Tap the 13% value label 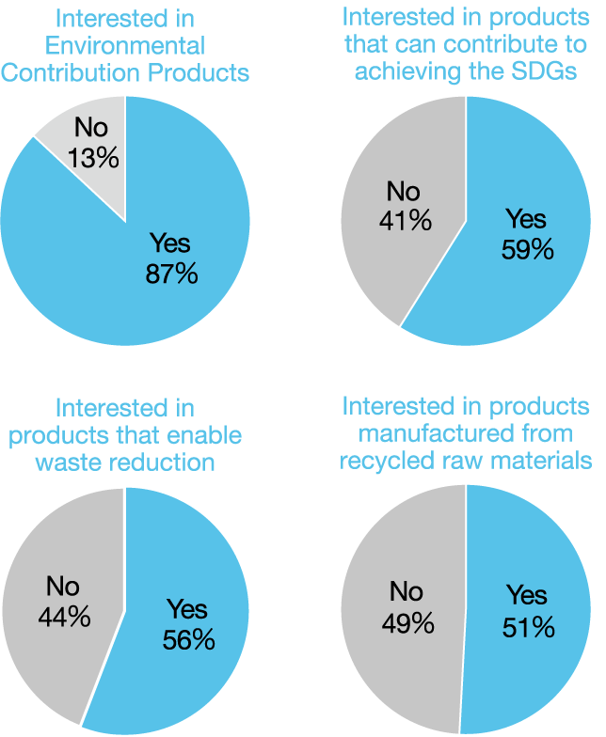tap(94, 157)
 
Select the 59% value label tap(526, 250)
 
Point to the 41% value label tap(406, 221)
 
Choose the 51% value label tap(527, 626)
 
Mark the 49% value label tap(407, 621)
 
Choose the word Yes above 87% tap(170, 244)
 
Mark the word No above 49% tap(407, 592)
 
